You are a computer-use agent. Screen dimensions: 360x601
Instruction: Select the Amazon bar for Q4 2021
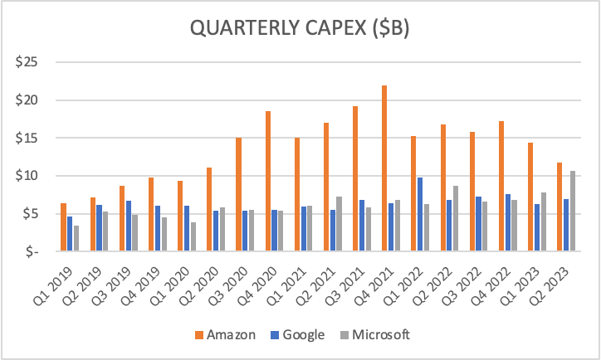click(x=384, y=168)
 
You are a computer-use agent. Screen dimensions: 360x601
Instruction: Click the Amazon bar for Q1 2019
click(x=64, y=226)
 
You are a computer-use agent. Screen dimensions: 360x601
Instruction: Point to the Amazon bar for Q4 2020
click(x=268, y=181)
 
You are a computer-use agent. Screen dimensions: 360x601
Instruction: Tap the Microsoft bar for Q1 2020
click(x=193, y=236)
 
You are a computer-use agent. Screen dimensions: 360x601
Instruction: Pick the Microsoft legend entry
click(x=373, y=335)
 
